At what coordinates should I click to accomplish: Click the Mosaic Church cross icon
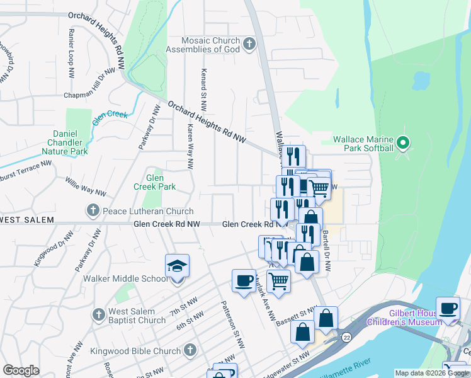click(x=250, y=44)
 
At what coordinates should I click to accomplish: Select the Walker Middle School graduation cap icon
click(x=177, y=266)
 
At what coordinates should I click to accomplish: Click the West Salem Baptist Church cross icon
click(x=98, y=314)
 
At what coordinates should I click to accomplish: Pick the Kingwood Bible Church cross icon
click(x=191, y=350)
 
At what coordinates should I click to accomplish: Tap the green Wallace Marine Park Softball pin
click(x=404, y=144)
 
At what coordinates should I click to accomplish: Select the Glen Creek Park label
click(x=155, y=182)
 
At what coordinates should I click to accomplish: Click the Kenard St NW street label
click(x=204, y=88)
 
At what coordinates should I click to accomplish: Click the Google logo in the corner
click(x=21, y=370)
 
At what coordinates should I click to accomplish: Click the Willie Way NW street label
click(x=85, y=186)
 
